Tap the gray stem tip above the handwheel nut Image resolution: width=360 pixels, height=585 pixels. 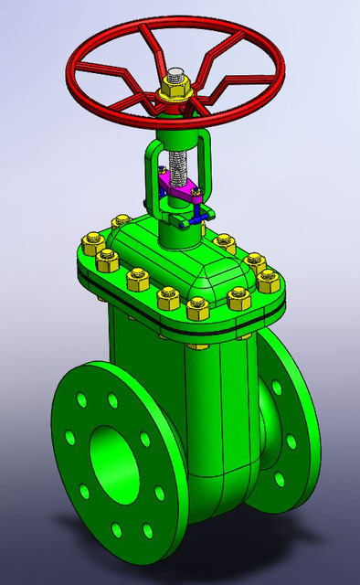pos(175,72)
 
